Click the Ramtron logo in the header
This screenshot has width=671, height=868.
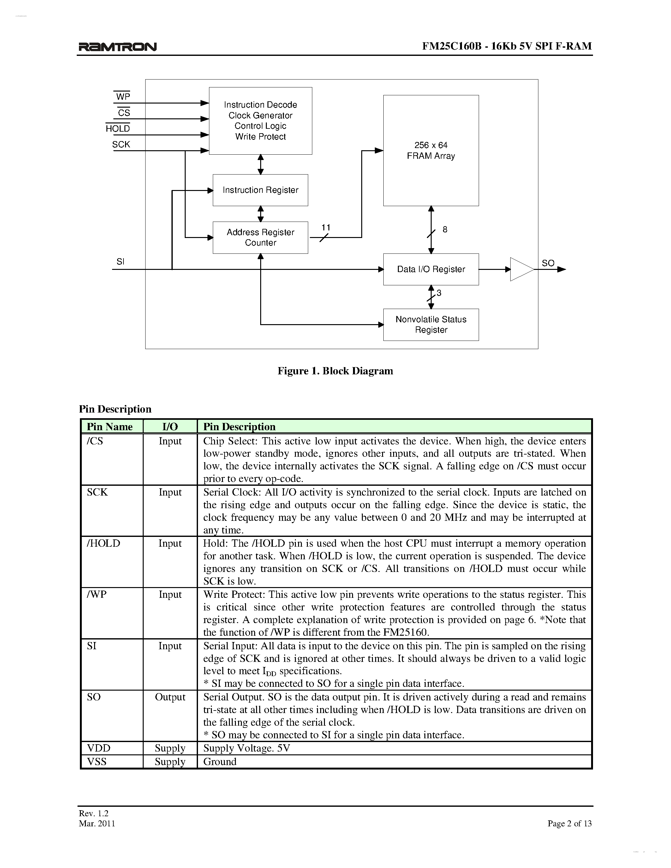coord(118,47)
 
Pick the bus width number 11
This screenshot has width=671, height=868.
coord(326,227)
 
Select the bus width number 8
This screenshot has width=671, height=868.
coord(445,229)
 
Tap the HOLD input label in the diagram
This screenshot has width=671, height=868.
coord(118,128)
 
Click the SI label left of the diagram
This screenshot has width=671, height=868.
coord(120,262)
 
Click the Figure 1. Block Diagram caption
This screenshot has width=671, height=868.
coord(335,371)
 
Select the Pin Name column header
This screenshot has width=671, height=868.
coord(110,426)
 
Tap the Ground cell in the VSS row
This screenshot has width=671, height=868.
coord(220,762)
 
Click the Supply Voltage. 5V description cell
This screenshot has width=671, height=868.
coord(247,748)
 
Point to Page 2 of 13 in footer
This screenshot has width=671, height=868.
coord(569,823)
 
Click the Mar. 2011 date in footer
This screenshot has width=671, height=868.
coord(97,823)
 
